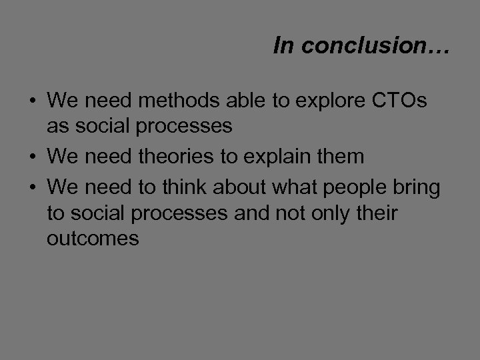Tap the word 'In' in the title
click(283, 45)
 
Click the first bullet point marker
click(32, 103)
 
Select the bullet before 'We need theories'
click(32, 158)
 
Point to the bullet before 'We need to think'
click(32, 189)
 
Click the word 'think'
click(181, 188)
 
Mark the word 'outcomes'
click(93, 239)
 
